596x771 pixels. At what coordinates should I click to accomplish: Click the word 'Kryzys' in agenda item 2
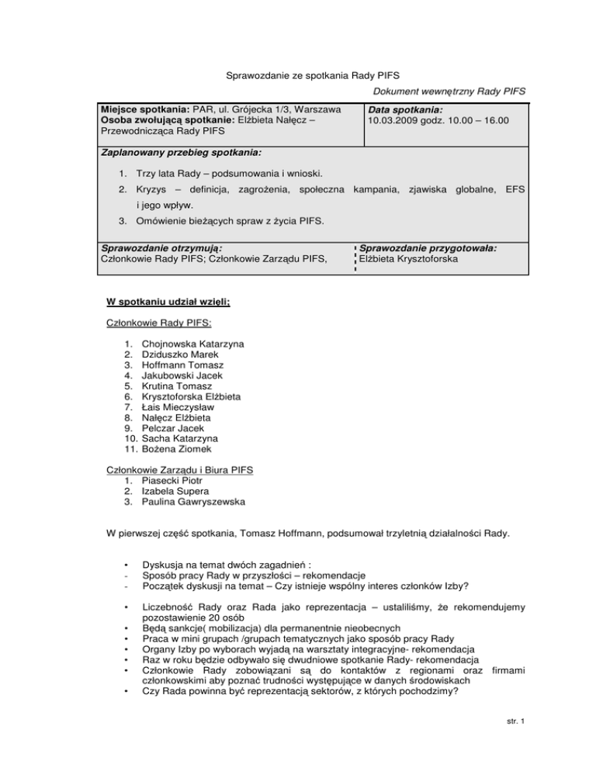click(154, 189)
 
